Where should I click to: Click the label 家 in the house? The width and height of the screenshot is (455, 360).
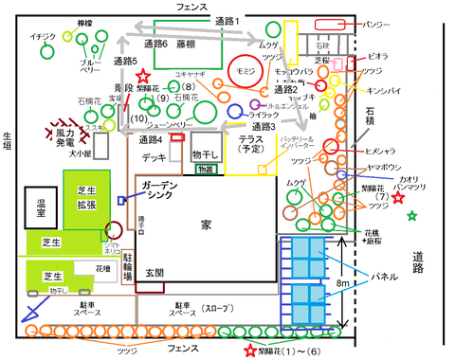[206, 225]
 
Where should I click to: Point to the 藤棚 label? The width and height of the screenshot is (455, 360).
[186, 44]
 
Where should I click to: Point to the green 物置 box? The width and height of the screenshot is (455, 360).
[204, 169]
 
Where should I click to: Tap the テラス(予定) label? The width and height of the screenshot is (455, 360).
[250, 144]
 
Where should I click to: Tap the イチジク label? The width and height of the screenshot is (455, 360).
[43, 37]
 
